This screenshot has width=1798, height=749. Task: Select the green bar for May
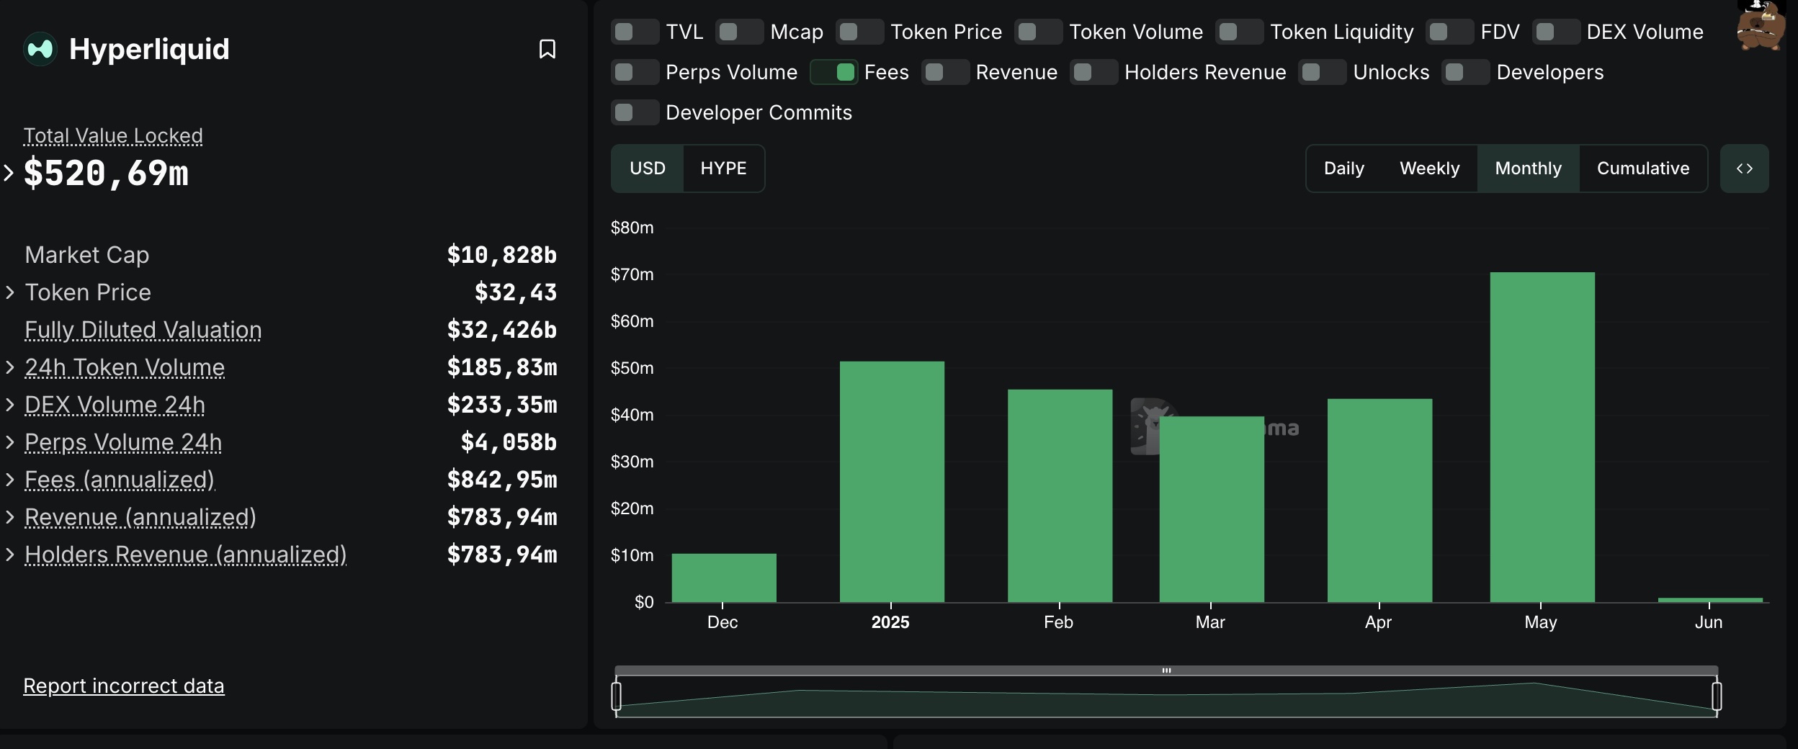coord(1542,436)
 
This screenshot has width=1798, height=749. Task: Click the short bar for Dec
coord(723,578)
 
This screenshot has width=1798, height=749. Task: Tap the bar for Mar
coord(1211,508)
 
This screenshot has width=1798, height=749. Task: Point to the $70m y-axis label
coord(632,274)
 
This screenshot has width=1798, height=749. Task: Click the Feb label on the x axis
coord(1058,622)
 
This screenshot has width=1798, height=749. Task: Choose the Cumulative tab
coord(1642,169)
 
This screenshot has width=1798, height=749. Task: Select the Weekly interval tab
coord(1429,169)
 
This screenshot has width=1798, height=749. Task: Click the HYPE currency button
coord(723,169)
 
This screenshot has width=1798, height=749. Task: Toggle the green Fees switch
coord(833,72)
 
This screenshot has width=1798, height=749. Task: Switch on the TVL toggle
coord(635,32)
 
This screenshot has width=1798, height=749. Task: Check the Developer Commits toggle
coord(635,112)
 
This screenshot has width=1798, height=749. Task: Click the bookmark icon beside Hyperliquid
coord(547,49)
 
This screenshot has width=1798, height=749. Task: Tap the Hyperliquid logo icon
coord(40,49)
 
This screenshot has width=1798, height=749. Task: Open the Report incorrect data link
coord(124,686)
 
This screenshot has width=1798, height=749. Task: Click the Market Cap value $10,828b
coord(501,255)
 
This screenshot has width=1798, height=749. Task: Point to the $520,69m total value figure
coord(106,173)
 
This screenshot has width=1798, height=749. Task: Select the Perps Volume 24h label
coord(123,442)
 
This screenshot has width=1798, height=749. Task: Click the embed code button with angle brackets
coord(1744,169)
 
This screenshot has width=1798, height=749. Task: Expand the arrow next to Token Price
coord(10,292)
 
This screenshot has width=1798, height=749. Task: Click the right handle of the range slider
coord(1717,696)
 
